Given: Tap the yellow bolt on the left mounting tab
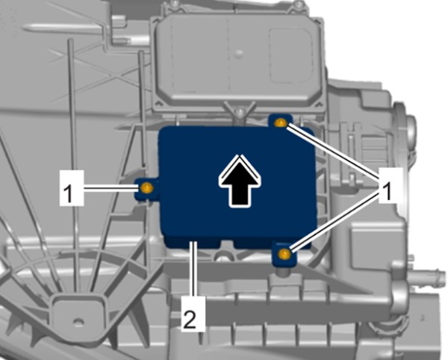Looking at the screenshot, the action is click(x=147, y=187).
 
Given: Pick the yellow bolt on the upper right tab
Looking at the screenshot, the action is click(x=280, y=123).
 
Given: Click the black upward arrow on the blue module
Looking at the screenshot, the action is click(x=240, y=181).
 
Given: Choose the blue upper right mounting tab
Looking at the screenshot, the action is click(x=281, y=122).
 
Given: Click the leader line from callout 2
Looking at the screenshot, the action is click(x=195, y=269).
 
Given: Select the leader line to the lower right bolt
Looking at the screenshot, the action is click(x=335, y=223).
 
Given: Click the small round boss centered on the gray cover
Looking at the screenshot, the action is click(x=239, y=52).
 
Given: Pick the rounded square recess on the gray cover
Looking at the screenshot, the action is click(x=290, y=55).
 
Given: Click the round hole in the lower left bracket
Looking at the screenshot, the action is click(x=78, y=322).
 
